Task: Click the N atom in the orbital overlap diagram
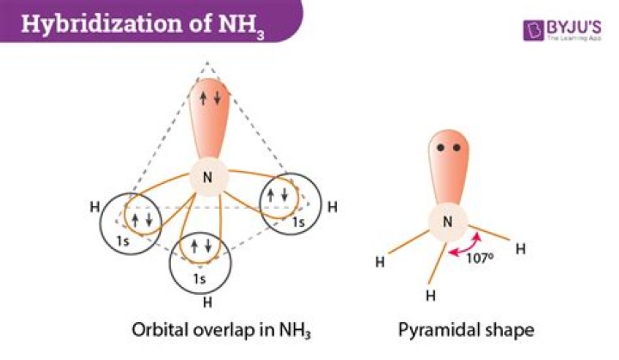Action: pos(207,178)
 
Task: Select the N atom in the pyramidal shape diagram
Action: pos(447,222)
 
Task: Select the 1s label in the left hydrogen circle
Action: pos(122,241)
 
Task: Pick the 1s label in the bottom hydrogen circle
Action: pos(199,278)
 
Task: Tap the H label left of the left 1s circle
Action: pos(94,207)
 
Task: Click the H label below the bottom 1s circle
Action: pos(206,302)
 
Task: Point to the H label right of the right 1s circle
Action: pos(333,207)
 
